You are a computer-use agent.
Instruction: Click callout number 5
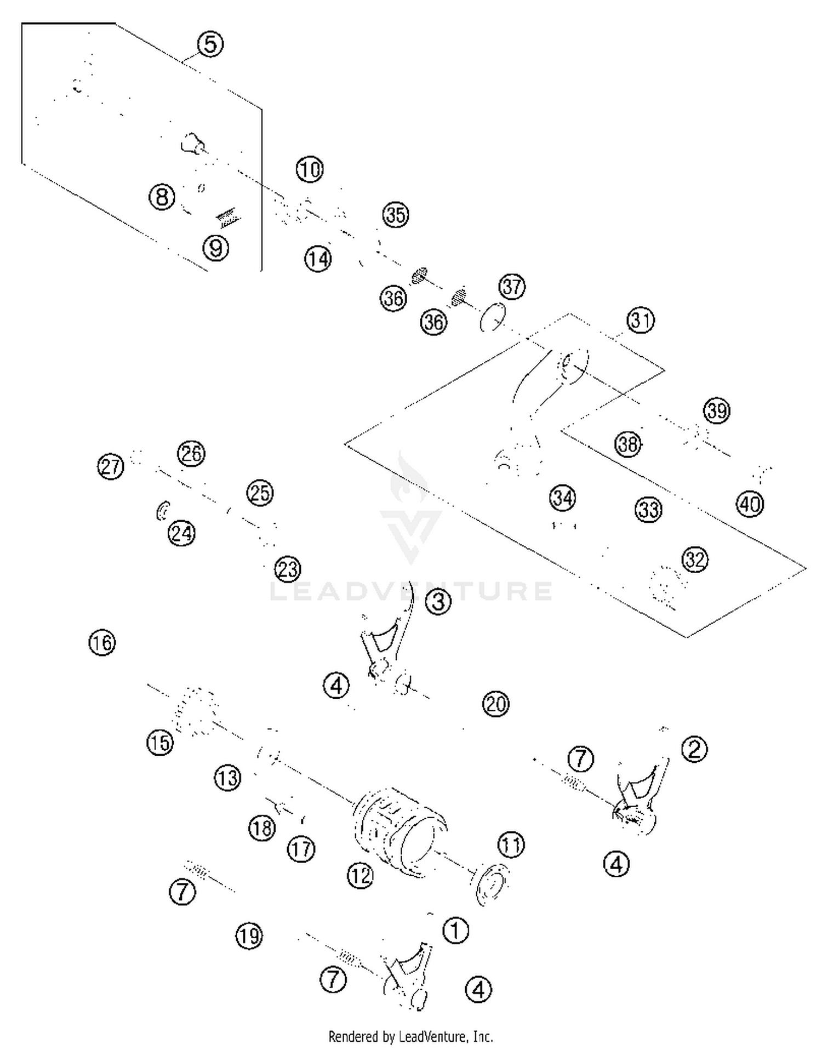pyautogui.click(x=210, y=44)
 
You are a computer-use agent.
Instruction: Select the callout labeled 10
pyautogui.click(x=310, y=169)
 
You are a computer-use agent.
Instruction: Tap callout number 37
pyautogui.click(x=512, y=286)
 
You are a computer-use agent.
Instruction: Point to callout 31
pyautogui.click(x=641, y=320)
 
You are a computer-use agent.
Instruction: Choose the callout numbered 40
pyautogui.click(x=750, y=504)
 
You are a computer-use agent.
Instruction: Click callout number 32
pyautogui.click(x=695, y=560)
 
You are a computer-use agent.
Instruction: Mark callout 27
pyautogui.click(x=111, y=466)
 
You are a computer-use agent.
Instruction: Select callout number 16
pyautogui.click(x=102, y=642)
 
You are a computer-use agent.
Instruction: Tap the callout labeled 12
pyautogui.click(x=360, y=875)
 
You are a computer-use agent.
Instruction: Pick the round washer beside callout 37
pyautogui.click(x=492, y=317)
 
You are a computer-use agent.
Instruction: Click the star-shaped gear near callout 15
pyautogui.click(x=196, y=710)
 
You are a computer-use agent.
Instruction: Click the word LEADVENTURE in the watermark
pyautogui.click(x=411, y=591)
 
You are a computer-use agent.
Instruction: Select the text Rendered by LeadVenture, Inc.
pyautogui.click(x=410, y=1036)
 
